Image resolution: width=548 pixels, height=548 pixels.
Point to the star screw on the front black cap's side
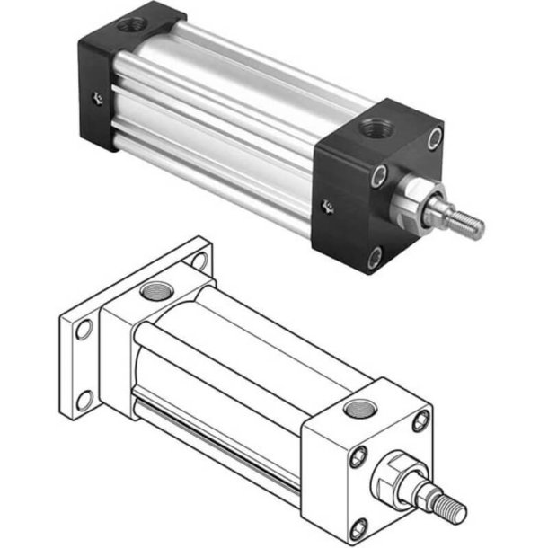coord(329,208)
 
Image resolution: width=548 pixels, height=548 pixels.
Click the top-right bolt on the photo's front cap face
coord(435,137)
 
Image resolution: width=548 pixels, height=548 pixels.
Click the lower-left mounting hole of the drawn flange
coord(85,400)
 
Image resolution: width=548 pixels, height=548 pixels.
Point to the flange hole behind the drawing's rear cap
coord(197,261)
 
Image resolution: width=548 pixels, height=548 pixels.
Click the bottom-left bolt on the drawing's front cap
coord(360,525)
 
